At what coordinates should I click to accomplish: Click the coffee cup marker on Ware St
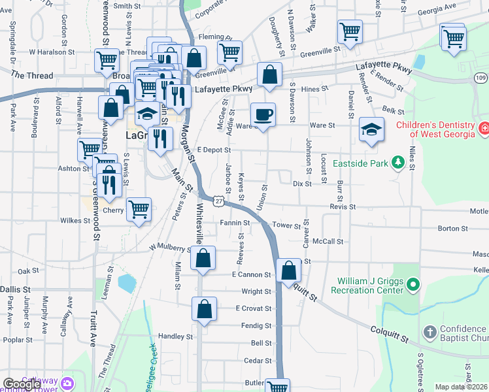coord(263,115)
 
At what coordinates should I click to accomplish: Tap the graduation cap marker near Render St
coord(371,129)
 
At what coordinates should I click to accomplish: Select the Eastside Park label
coord(362,163)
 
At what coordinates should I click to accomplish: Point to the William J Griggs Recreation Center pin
coord(413,285)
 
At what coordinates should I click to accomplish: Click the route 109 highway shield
coord(481,78)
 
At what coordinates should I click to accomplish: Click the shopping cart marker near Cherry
coord(139,210)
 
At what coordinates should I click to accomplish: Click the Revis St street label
coord(343,206)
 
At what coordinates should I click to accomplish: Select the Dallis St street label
coord(15,289)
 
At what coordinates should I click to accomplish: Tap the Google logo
coord(22,385)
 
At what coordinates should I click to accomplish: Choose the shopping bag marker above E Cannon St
coord(203,258)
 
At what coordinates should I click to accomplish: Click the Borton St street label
coord(450,229)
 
